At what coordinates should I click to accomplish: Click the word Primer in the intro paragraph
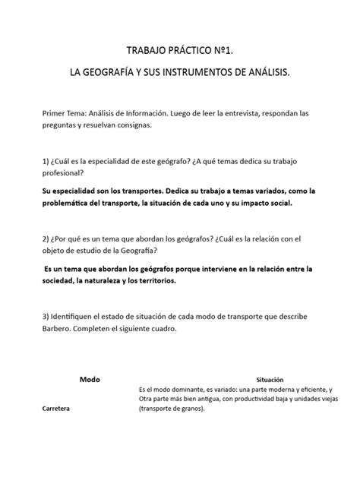pos(55,113)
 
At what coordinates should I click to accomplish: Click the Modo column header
pos(90,378)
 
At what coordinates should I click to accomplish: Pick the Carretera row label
pos(57,409)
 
